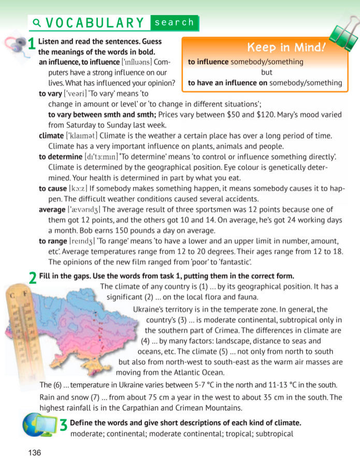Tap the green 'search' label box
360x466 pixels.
click(174, 23)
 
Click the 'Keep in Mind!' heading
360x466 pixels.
click(286, 48)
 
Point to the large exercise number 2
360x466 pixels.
click(33, 278)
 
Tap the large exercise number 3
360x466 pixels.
click(64, 425)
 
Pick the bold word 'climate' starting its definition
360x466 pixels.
click(51, 136)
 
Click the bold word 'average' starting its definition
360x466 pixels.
click(52, 209)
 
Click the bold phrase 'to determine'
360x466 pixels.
click(61, 156)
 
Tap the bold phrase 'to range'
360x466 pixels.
click(53, 241)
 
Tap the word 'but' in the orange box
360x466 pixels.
click(266, 72)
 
